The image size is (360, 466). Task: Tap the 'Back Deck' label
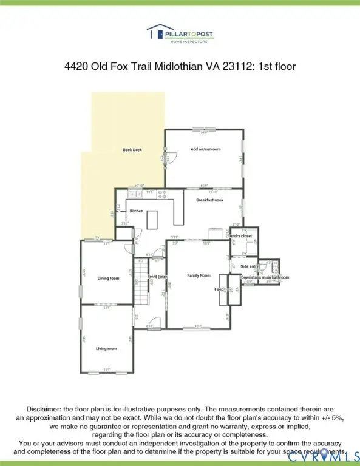(x=132, y=150)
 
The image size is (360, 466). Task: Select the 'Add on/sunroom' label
(x=205, y=149)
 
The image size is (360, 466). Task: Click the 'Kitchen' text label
(x=137, y=211)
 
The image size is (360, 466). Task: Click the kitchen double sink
(x=135, y=194)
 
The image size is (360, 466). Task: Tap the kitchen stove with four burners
(x=163, y=194)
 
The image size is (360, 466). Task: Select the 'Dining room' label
(x=108, y=279)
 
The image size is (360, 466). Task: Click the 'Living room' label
(x=106, y=349)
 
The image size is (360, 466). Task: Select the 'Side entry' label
(x=250, y=266)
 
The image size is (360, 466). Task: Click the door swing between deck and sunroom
(x=171, y=158)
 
